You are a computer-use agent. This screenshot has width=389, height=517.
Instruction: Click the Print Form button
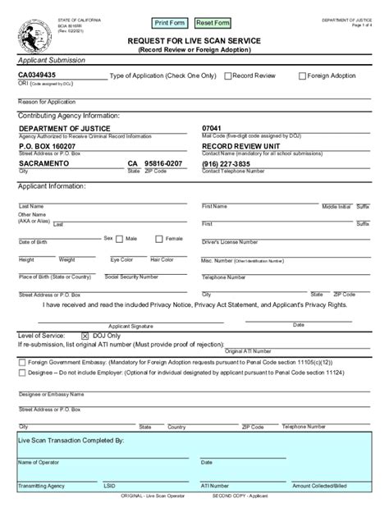point(170,22)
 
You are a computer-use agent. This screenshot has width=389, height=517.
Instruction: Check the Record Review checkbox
point(228,75)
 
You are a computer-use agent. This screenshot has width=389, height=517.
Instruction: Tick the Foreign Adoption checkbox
point(302,75)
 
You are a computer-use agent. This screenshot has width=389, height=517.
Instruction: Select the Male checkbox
point(121,239)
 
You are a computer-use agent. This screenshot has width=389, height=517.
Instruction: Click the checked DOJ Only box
point(85,336)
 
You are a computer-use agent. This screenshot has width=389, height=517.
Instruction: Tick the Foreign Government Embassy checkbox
point(21,360)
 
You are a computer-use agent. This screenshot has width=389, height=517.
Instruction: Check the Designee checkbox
point(21,373)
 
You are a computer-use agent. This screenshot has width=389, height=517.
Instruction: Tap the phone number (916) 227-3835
point(227,164)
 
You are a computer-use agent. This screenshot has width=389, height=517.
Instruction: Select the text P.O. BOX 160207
point(47,146)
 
